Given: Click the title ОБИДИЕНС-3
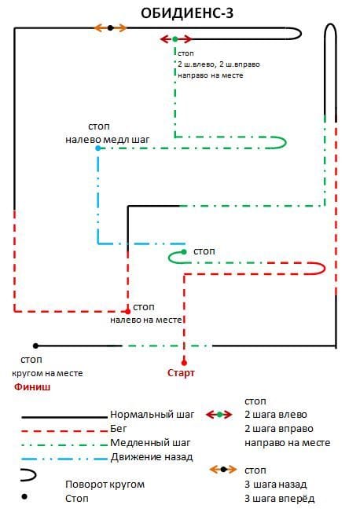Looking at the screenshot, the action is [187, 13].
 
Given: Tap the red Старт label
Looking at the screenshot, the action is [181, 373].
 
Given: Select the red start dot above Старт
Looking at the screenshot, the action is [184, 363].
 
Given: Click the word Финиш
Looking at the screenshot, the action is [32, 386].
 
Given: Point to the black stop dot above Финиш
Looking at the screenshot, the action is [35, 346].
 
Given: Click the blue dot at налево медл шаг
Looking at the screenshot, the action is [97, 148].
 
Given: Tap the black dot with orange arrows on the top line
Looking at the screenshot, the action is [110, 28].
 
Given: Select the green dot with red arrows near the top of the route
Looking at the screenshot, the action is [175, 39].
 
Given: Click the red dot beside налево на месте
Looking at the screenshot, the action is [128, 311].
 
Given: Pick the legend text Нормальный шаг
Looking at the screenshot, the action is [152, 415].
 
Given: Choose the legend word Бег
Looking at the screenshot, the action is [118, 429].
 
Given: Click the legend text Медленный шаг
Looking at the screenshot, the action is [150, 443].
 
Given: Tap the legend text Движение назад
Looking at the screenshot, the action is [152, 457].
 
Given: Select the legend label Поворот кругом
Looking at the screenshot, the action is [105, 485].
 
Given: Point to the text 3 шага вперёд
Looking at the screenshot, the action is [279, 499].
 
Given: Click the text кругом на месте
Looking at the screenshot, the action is [47, 374].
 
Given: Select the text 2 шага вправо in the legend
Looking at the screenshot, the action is [278, 429].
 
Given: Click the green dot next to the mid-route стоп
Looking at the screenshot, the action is [184, 252].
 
